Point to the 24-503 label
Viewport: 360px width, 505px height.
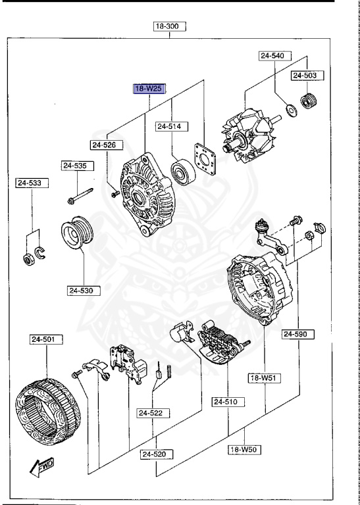(x=305, y=76)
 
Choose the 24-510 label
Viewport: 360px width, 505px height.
(x=228, y=401)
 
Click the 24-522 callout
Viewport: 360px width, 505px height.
(x=154, y=413)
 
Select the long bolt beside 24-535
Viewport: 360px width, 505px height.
(x=78, y=195)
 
